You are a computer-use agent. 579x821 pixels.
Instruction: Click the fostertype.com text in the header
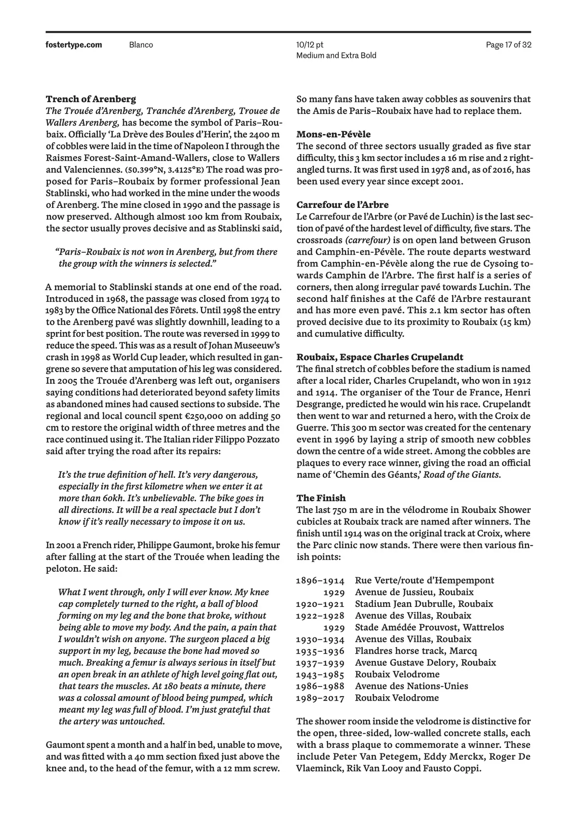(x=74, y=45)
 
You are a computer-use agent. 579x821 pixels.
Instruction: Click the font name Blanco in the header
(x=141, y=45)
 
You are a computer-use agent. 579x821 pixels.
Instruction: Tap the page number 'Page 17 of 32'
(x=509, y=45)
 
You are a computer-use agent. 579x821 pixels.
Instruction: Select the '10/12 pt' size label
(x=310, y=45)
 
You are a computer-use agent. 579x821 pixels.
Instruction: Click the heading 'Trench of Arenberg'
(x=91, y=99)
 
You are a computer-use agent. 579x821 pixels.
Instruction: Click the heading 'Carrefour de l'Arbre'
(x=342, y=205)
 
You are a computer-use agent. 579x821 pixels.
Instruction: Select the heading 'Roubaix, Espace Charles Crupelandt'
(x=380, y=357)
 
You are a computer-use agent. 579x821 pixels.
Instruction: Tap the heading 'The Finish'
(x=321, y=498)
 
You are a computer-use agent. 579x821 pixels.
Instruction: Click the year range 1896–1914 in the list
(x=320, y=580)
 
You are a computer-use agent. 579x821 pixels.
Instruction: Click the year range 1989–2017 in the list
(x=320, y=698)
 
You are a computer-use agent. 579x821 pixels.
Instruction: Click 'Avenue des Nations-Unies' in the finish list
(x=411, y=686)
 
